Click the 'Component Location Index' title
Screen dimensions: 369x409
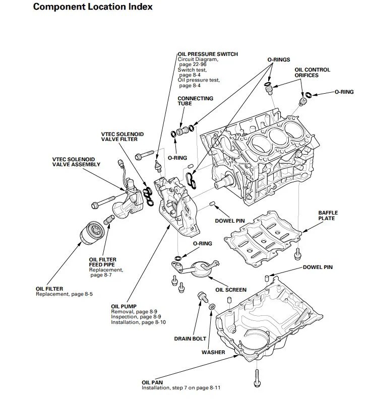coord(93,7)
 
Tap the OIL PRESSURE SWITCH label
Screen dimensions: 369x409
coord(208,54)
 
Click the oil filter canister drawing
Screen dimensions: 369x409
coord(92,233)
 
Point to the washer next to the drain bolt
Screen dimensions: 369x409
coord(212,306)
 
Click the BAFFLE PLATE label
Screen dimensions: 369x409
coord(328,216)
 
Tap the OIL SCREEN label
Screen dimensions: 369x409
coord(231,290)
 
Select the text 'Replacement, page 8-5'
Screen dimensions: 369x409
coord(64,294)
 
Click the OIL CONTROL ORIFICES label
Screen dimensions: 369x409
coord(313,73)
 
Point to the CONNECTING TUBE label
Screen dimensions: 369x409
coord(195,101)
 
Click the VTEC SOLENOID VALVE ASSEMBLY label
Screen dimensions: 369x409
coord(76,162)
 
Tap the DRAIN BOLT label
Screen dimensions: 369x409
coord(190,338)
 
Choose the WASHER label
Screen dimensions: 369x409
coord(213,352)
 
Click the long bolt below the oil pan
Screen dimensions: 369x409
coord(257,378)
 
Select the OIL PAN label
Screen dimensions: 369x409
coord(152,382)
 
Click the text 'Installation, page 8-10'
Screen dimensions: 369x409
coord(138,322)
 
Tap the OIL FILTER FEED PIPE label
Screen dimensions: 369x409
coord(102,262)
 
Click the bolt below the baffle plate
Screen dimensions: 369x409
coord(297,254)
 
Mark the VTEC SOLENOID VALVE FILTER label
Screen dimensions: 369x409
coord(122,137)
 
